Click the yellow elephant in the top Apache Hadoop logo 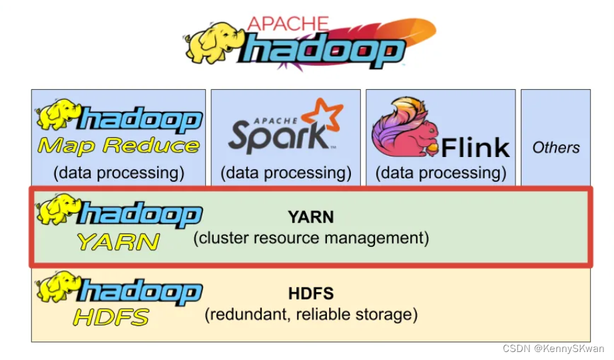point(212,43)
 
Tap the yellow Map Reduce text point(118,145)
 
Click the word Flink point(475,147)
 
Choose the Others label point(555,148)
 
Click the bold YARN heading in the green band point(310,218)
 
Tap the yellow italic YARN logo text point(118,242)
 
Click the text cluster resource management point(311,238)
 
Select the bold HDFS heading point(311,293)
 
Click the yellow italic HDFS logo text point(111,317)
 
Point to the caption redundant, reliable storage point(311,314)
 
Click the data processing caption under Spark point(286,174)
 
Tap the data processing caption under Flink point(441,174)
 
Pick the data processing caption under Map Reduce point(119,174)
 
